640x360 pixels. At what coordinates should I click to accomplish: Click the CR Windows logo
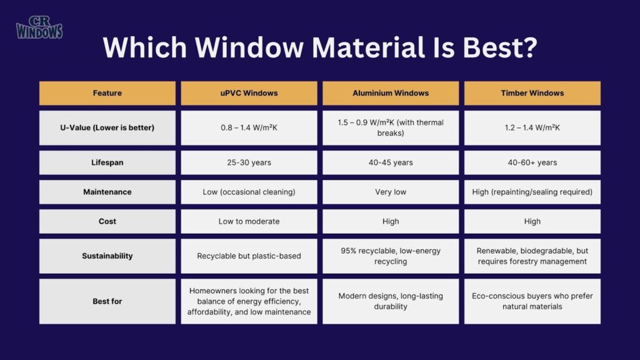(x=39, y=27)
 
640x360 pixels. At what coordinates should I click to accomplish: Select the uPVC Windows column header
(x=249, y=93)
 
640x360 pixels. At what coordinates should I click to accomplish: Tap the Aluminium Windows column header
(x=391, y=93)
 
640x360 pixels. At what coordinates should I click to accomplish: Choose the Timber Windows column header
(x=532, y=93)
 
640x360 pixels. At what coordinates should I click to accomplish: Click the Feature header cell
(x=107, y=93)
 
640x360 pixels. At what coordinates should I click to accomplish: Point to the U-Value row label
(x=107, y=128)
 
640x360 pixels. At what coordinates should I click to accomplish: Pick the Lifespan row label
(x=107, y=162)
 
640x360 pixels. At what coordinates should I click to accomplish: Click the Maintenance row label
(x=107, y=192)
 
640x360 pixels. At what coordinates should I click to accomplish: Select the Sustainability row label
(x=107, y=256)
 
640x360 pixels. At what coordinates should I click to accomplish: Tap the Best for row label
(x=107, y=301)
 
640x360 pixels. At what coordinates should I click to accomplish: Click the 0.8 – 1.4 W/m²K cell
(x=249, y=128)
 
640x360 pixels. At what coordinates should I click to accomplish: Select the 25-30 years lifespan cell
(x=249, y=162)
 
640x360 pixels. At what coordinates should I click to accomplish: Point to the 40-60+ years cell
(x=532, y=162)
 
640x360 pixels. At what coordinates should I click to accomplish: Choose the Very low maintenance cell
(x=391, y=192)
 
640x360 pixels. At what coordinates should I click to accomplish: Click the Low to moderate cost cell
(x=249, y=221)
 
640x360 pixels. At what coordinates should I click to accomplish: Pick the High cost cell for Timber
(x=532, y=221)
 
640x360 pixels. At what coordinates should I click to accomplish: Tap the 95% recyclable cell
(x=391, y=256)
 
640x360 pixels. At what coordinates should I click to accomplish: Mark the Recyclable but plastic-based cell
(x=249, y=256)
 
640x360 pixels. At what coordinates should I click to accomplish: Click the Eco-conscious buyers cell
(x=532, y=301)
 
